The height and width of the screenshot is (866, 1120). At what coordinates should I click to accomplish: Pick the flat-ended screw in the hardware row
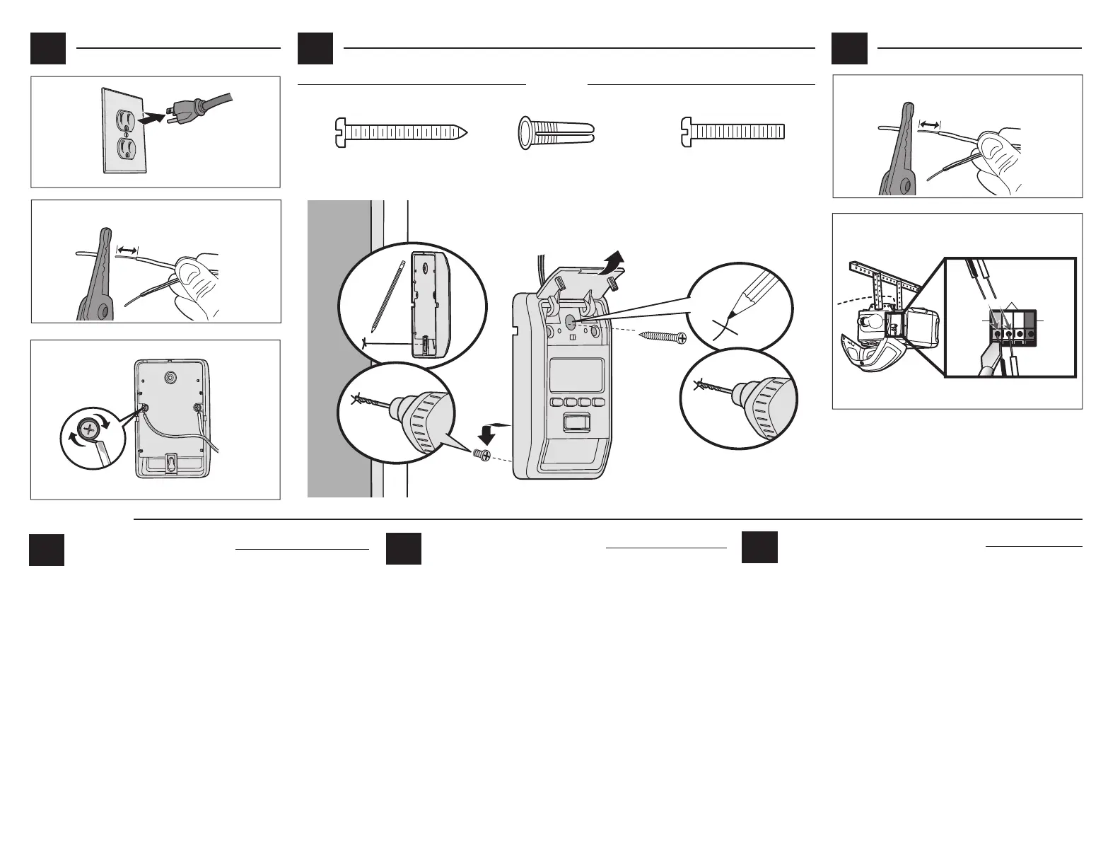(x=733, y=132)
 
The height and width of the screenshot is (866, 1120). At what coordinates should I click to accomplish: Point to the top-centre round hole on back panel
(x=170, y=379)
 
